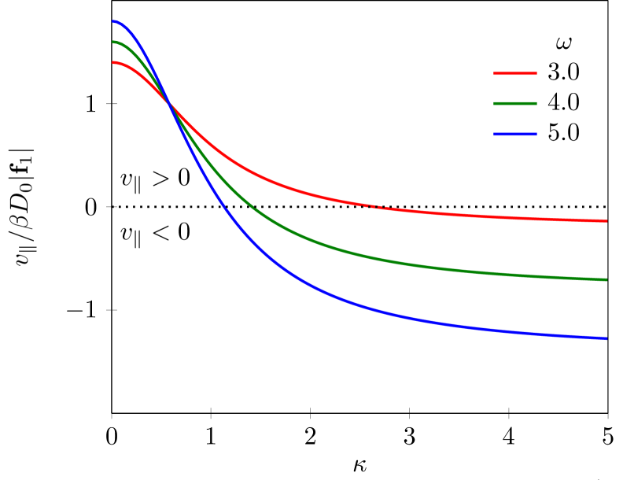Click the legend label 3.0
coord(563,72)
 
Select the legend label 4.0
coord(563,103)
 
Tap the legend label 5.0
coord(563,134)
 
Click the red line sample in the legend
coord(515,73)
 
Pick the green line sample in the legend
coord(515,104)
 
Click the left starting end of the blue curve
coord(112,21)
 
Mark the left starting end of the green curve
coord(112,42)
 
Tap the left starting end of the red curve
coord(112,62)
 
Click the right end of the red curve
coord(606,221)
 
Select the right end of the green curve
coord(606,280)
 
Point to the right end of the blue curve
coord(606,338)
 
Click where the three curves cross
coord(169,104)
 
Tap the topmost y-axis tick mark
coord(112,104)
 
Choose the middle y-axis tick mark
coord(112,207)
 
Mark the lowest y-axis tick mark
coord(112,310)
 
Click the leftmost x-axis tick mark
coord(112,415)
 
